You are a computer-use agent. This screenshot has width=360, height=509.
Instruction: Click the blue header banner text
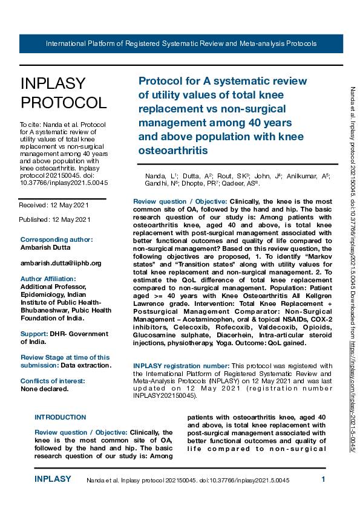coord(181,44)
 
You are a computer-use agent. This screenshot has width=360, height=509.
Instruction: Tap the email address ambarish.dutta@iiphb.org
coord(61,263)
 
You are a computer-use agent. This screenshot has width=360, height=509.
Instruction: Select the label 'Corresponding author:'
coord(57,239)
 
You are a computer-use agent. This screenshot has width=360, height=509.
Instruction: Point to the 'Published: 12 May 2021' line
coord(55,219)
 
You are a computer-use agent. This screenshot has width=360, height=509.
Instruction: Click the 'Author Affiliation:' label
coord(51,279)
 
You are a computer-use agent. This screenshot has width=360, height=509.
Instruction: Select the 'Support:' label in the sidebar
coord(34,334)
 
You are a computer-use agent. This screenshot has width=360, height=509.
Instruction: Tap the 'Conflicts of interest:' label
coord(53,381)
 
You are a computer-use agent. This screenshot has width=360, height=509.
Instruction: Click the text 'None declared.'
coord(44,389)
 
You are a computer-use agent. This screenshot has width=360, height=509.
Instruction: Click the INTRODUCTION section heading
coord(61,417)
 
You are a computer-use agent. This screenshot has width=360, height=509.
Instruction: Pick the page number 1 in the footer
coord(324,479)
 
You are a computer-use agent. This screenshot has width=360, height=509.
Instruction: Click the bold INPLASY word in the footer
coord(53,479)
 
